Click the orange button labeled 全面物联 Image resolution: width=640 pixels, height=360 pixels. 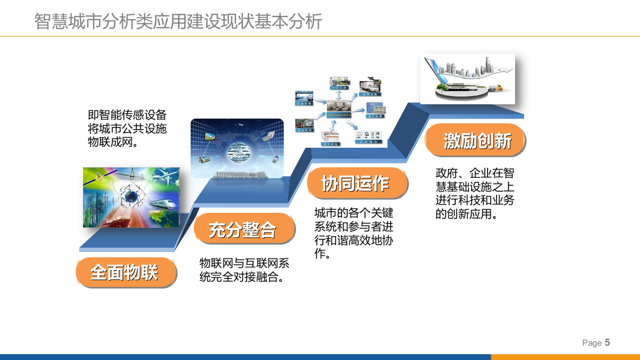pyautogui.click(x=125, y=272)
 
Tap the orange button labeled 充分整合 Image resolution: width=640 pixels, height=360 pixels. pyautogui.click(x=244, y=229)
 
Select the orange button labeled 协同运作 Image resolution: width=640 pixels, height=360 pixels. pyautogui.click(x=356, y=183)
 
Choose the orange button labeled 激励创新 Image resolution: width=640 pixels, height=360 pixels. pyautogui.click(x=475, y=141)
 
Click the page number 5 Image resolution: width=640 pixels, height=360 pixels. pyautogui.click(x=607, y=342)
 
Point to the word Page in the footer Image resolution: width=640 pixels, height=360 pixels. pyautogui.click(x=591, y=343)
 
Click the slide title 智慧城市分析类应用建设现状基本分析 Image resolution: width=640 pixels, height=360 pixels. pyautogui.click(x=178, y=22)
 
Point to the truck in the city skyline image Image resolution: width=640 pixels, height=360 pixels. pyautogui.click(x=496, y=88)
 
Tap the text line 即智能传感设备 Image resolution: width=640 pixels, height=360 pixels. pyautogui.click(x=127, y=115)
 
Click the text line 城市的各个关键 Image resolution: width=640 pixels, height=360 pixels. pyautogui.click(x=354, y=213)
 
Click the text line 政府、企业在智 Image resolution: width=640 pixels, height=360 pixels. pyautogui.click(x=475, y=173)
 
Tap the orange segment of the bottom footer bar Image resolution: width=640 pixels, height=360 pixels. pyautogui.click(x=565, y=357)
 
